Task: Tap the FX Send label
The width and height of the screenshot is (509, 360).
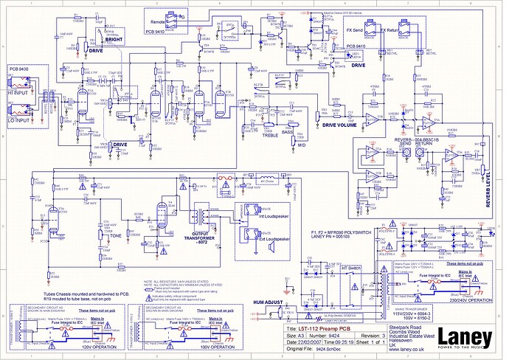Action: coord(359,30)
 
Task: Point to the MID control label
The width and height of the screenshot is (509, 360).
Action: coord(300,146)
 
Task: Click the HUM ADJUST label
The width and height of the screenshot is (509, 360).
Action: coord(269,303)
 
